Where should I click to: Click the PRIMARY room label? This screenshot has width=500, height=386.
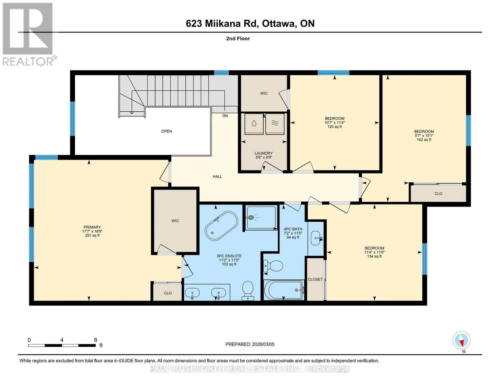pos(92,227)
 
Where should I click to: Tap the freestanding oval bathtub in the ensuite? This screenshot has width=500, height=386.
pos(222,226)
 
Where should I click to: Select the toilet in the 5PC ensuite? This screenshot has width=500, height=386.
pos(248,290)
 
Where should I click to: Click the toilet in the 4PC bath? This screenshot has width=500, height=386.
pos(273,266)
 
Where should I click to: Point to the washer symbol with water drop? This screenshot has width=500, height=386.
pos(254,124)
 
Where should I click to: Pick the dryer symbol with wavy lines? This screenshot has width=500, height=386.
pos(275,124)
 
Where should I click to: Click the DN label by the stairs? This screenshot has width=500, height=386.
pos(225,115)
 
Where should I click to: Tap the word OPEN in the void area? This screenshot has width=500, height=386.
pos(166,131)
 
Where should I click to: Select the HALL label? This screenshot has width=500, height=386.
pos(217,177)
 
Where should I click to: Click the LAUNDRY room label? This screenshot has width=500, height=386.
pos(263,153)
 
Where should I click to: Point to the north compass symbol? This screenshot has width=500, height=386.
pos(461,340)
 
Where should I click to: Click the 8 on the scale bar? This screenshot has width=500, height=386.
pos(95,340)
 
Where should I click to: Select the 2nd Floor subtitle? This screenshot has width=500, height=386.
pos(238,38)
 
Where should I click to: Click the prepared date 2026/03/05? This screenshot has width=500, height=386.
pos(263,344)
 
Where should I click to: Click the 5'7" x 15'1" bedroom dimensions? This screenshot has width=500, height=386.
pos(424,135)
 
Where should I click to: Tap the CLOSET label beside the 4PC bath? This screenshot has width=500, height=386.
pos(315,279)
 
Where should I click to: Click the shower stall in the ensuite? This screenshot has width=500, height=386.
pos(261,217)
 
